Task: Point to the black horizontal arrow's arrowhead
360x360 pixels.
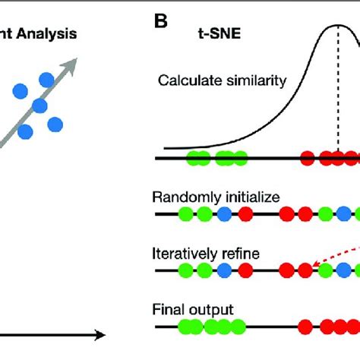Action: (100, 333)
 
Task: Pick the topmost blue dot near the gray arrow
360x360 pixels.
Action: (47, 78)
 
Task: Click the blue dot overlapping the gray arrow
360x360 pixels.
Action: (39, 106)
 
